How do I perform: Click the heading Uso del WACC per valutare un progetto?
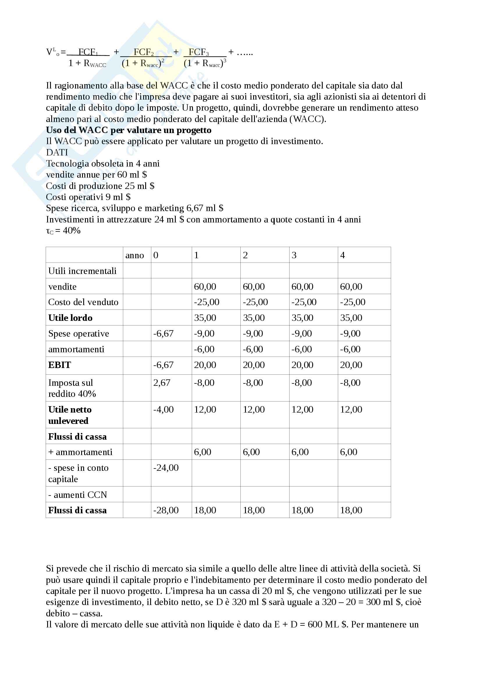tap(129, 130)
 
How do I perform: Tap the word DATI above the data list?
tap(57, 153)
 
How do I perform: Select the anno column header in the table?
tap(134, 255)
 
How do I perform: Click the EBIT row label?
tap(60, 365)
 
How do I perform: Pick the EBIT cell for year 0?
tap(163, 365)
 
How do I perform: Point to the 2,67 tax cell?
tap(162, 383)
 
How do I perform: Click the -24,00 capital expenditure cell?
tap(166, 468)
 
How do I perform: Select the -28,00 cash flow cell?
tap(166, 510)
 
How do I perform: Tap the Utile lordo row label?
tap(70, 318)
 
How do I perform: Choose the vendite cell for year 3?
tap(302, 286)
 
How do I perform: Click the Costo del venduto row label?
tap(83, 302)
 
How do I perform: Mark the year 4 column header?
tap(342, 255)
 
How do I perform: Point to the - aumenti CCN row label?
tap(78, 495)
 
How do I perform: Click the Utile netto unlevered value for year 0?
tap(163, 410)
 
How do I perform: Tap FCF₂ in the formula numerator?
tap(143, 52)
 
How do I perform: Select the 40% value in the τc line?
tap(72, 231)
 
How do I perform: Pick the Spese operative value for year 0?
tap(163, 333)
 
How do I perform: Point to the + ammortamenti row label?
tap(80, 452)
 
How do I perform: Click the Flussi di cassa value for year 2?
tap(254, 510)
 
